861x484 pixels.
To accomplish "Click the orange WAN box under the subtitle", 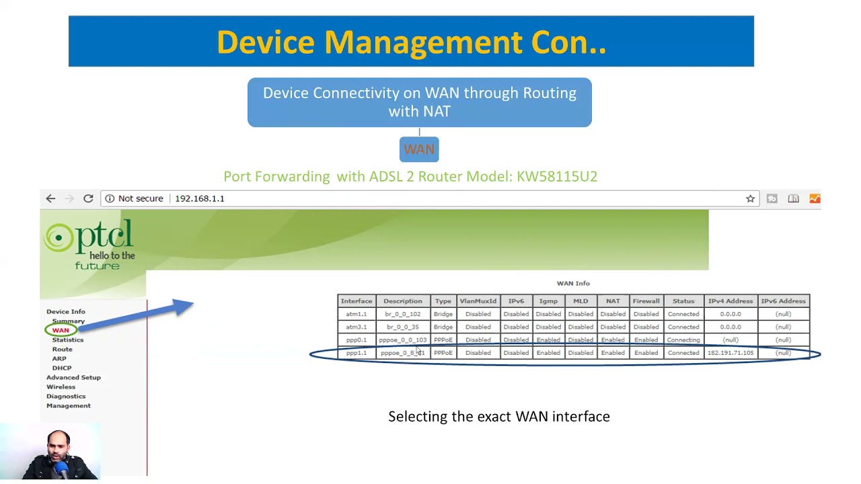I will (419, 149).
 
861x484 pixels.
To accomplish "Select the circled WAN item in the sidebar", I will (61, 330).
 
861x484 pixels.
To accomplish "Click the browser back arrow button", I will (50, 198).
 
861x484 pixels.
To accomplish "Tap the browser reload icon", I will (88, 198).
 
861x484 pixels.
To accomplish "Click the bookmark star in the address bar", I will (750, 198).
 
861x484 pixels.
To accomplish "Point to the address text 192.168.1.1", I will (200, 198).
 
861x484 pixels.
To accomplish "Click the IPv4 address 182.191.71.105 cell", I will (730, 353).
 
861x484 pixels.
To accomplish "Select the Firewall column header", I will (646, 301).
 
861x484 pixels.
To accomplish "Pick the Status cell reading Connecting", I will (683, 340).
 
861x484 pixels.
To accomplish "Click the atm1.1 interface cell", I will (357, 314).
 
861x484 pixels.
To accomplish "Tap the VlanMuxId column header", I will (478, 301).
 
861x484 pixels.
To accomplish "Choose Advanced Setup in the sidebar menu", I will (73, 377).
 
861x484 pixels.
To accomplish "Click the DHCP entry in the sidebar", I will (62, 368).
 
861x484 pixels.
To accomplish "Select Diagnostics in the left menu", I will (66, 396).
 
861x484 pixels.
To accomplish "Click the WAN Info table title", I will (573, 284).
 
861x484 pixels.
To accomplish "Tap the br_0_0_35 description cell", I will (402, 327).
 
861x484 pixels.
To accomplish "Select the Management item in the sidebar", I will (69, 405).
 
